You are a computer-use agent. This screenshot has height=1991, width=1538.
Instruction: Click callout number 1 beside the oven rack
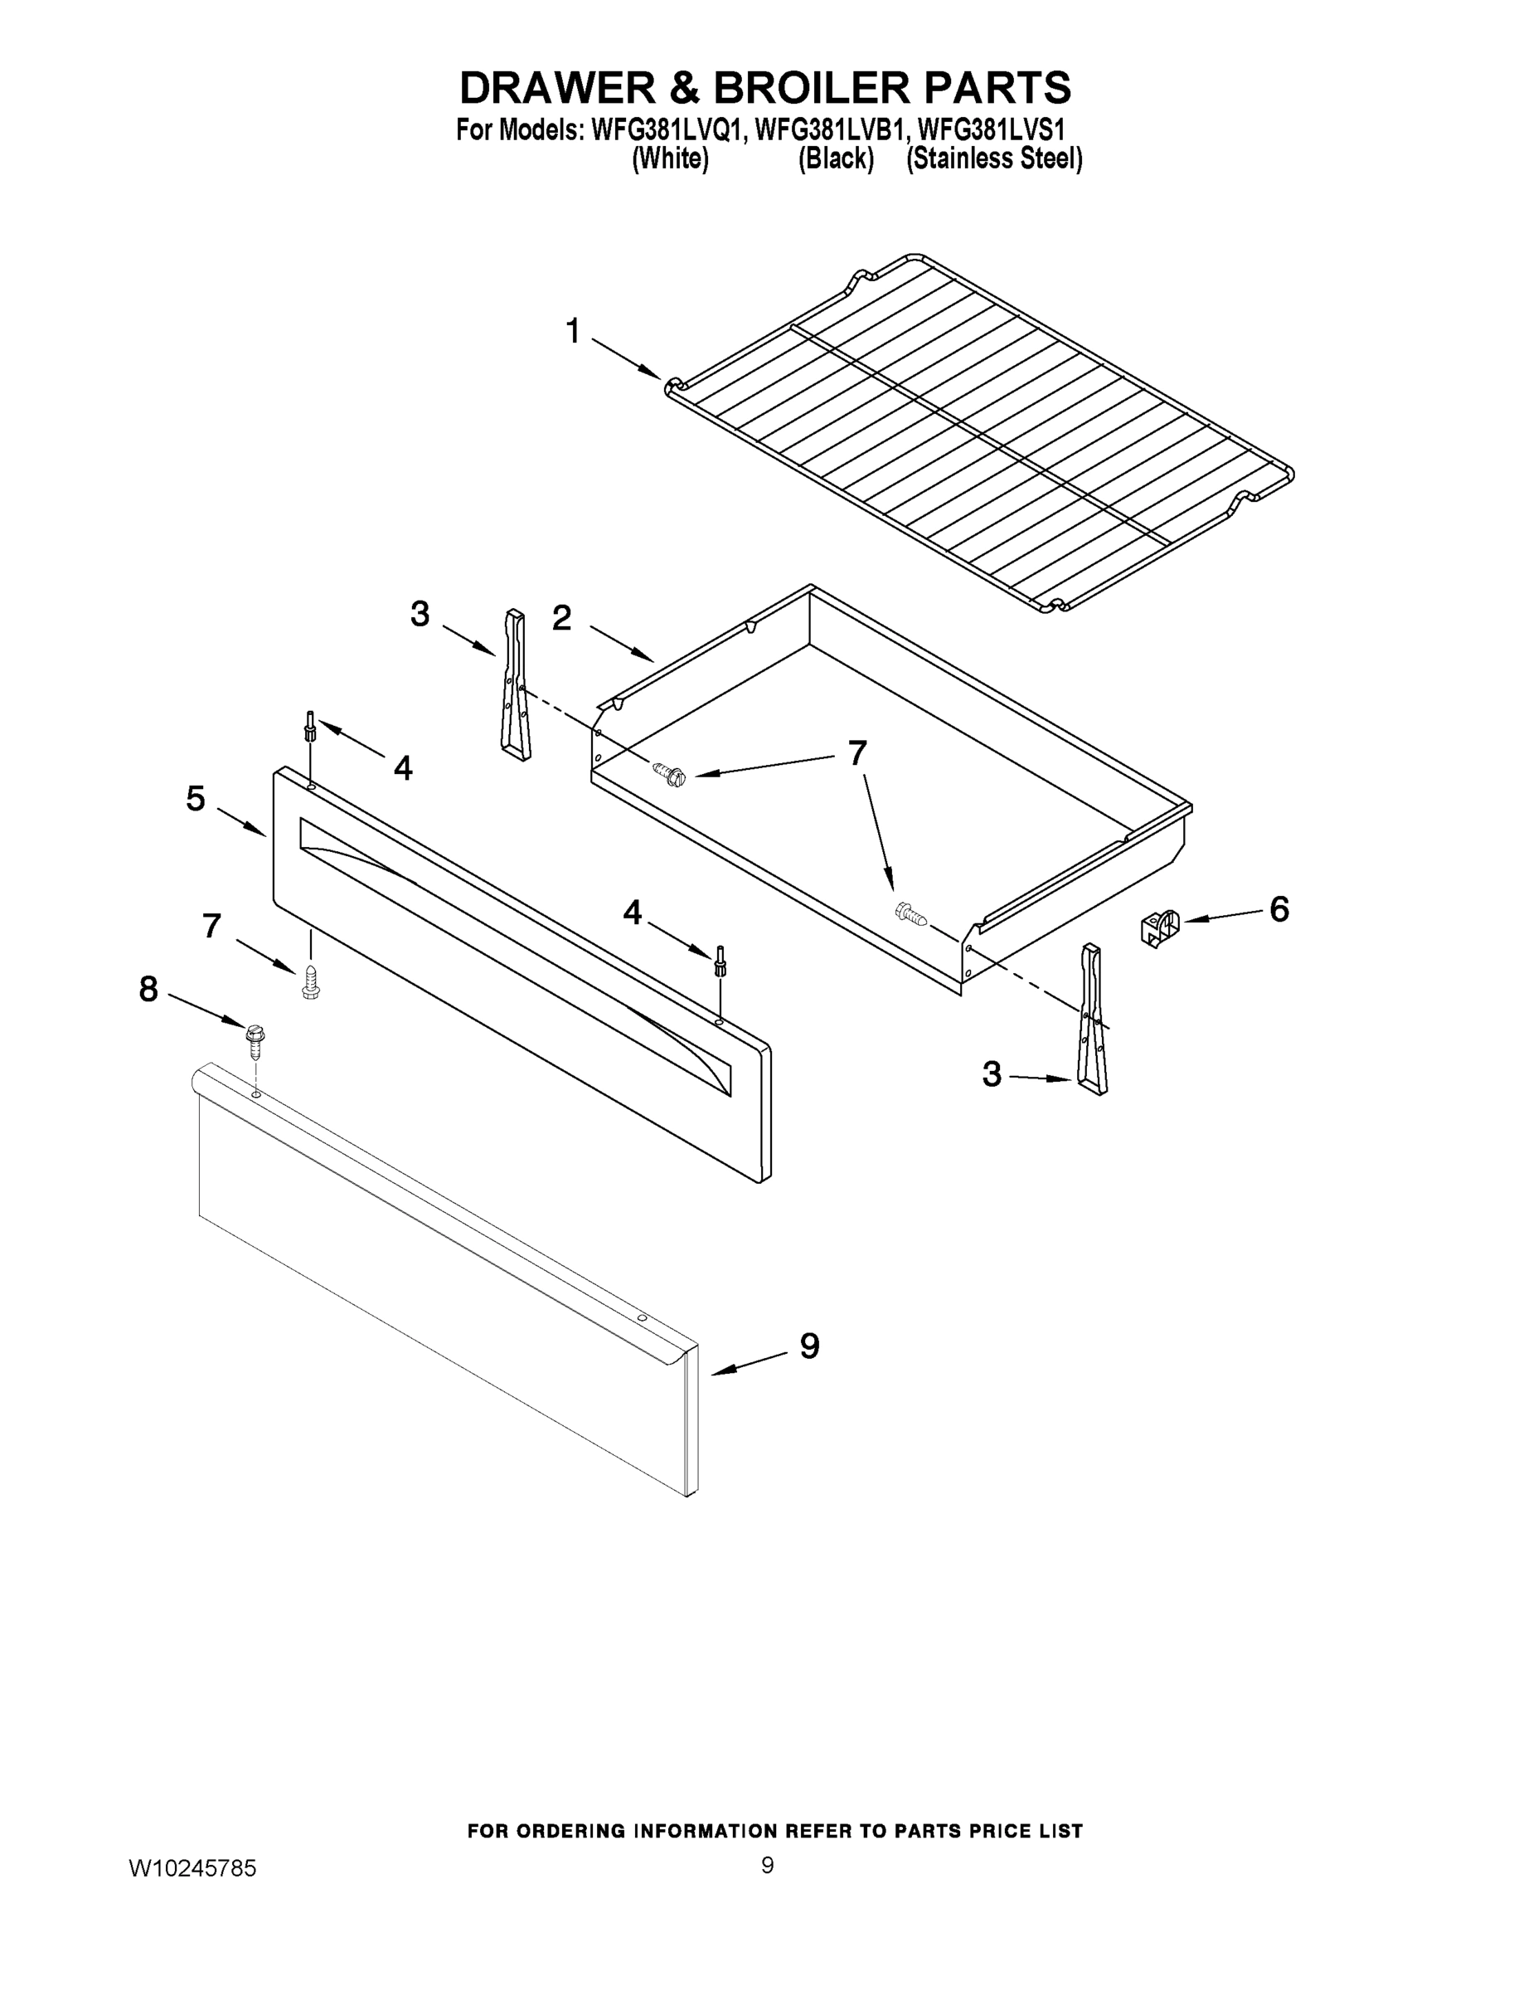click(573, 331)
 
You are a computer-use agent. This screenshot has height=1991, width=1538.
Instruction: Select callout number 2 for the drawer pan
click(561, 618)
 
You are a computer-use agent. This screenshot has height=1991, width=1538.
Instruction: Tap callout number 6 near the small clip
click(1279, 909)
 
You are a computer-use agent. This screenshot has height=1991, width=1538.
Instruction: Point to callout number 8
click(148, 988)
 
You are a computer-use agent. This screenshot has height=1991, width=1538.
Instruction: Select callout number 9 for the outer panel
click(809, 1346)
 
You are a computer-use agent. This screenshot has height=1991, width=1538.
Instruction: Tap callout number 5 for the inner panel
click(196, 799)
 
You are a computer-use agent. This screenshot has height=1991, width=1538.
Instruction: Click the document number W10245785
click(192, 1868)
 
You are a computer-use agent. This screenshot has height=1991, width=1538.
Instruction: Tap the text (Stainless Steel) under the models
click(994, 158)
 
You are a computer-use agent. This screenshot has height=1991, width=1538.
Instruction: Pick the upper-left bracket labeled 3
click(515, 684)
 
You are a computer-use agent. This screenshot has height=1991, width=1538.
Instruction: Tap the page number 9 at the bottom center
click(767, 1865)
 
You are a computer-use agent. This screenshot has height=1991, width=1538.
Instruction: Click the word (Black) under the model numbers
click(836, 158)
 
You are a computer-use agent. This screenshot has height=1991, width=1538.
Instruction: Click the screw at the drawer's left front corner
click(671, 775)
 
